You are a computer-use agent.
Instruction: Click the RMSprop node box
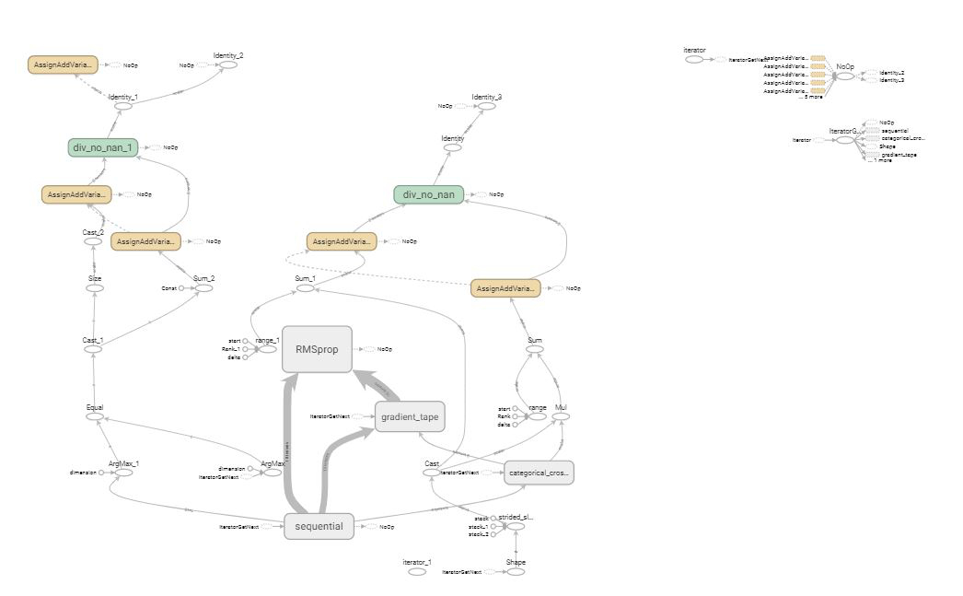tap(317, 349)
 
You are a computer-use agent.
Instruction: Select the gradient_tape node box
tap(410, 417)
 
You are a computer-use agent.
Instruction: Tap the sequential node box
tap(319, 527)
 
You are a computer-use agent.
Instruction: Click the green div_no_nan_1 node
tap(102, 147)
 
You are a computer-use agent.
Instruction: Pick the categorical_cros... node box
tap(539, 473)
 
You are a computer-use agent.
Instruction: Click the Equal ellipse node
tap(94, 416)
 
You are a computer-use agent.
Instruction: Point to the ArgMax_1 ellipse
tap(123, 473)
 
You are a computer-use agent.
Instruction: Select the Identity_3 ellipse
tap(486, 106)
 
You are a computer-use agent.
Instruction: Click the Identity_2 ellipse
tap(227, 65)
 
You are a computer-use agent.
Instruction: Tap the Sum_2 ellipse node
tap(203, 288)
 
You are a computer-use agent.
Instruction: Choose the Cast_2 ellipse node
tap(94, 241)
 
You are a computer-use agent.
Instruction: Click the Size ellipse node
tap(94, 288)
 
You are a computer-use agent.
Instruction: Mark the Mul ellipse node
tap(561, 417)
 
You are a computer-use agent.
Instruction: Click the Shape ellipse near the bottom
tap(516, 572)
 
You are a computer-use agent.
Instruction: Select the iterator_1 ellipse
tap(417, 572)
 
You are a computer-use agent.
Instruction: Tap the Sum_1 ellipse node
tap(305, 288)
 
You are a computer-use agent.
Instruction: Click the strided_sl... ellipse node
tap(515, 527)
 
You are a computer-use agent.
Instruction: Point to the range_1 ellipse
tap(267, 349)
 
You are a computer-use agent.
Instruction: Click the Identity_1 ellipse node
tap(122, 106)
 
